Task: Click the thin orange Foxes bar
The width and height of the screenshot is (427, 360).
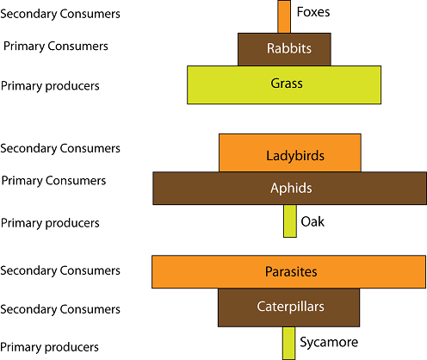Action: tap(284, 16)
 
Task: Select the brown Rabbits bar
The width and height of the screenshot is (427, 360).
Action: tap(284, 49)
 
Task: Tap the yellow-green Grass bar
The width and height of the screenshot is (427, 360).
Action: tap(284, 85)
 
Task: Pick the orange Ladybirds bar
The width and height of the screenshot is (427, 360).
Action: tap(290, 152)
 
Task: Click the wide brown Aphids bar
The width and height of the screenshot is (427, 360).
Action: tap(290, 189)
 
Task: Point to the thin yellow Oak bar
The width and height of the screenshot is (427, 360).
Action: tap(290, 221)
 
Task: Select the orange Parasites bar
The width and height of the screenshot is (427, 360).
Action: tap(289, 272)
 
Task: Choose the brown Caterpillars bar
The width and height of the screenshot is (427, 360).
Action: tap(288, 307)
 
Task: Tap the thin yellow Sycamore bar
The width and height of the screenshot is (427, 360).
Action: tap(288, 344)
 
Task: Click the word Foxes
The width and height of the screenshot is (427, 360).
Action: tap(313, 12)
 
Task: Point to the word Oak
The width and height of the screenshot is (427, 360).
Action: tap(313, 221)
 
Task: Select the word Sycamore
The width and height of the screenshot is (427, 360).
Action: tap(329, 343)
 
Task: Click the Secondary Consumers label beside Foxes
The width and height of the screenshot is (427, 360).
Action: tap(60, 14)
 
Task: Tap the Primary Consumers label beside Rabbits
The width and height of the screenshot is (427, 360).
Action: tap(56, 47)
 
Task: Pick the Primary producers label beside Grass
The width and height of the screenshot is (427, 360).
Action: tap(50, 86)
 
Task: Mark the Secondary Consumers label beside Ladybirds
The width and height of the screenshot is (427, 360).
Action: tap(60, 148)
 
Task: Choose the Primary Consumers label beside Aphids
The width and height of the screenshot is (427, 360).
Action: tap(53, 181)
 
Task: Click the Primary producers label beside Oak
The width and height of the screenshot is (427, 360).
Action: tap(50, 223)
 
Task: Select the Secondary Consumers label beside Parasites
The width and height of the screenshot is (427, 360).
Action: tap(60, 270)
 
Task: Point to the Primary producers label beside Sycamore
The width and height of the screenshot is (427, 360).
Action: tap(49, 347)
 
